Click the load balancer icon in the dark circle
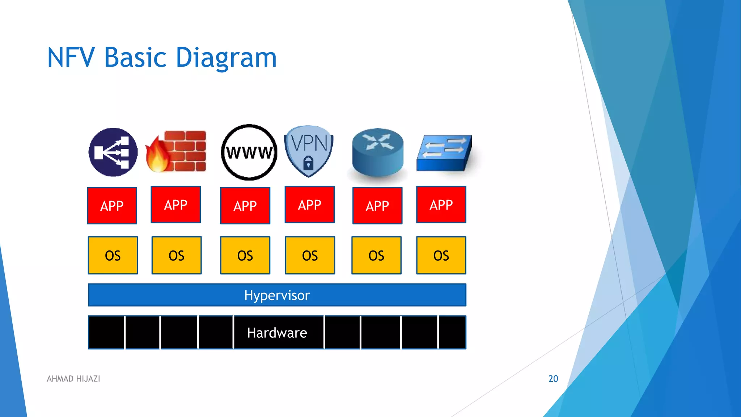(x=113, y=152)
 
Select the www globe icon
(x=249, y=152)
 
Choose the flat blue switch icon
(x=444, y=153)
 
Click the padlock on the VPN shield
(x=308, y=163)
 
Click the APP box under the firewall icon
(x=176, y=205)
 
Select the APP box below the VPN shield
(x=310, y=205)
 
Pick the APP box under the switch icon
(x=441, y=205)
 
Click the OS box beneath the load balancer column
(x=113, y=255)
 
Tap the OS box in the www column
(x=245, y=255)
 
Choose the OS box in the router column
(x=376, y=255)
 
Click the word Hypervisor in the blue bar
(x=277, y=295)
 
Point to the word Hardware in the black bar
(x=277, y=333)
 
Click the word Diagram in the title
(x=226, y=58)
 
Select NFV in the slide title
(x=71, y=58)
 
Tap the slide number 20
(x=553, y=379)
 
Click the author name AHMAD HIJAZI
(x=73, y=379)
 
